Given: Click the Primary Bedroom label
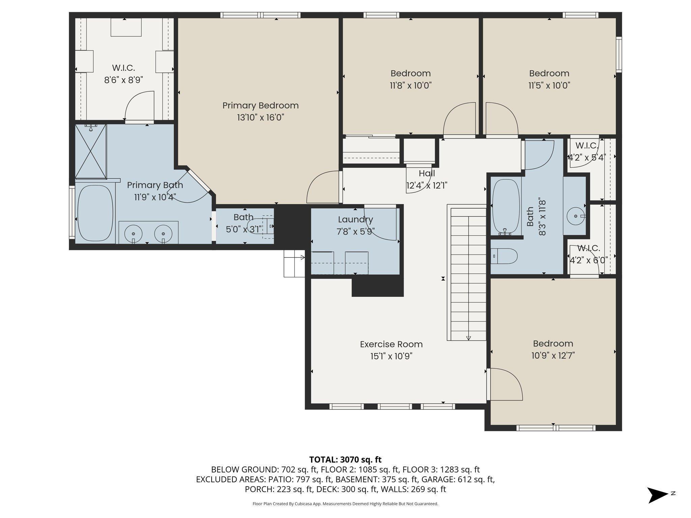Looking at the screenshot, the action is pos(260,106).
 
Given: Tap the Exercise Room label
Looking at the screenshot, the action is pos(391,344).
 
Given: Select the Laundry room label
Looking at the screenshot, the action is pos(355,220).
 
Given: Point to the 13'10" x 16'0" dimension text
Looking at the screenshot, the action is pos(260,117).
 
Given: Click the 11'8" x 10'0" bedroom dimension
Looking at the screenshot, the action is pos(411,85).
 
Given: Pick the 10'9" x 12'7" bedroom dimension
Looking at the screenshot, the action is pos(553,355).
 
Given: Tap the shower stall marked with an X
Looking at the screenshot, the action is pos(90,151).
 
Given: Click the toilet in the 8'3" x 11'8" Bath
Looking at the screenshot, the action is pos(504,256).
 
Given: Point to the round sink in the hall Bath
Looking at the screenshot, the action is pos(576,216).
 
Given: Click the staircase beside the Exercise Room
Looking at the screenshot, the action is pos(467,274).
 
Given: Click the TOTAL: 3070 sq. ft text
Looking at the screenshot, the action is pos(345,459).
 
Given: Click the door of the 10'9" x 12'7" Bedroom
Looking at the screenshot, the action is pos(506,384).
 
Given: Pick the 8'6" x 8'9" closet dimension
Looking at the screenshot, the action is pos(123,80).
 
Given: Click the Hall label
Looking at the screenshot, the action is pos(427,173).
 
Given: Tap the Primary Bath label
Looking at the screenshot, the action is pos(155,185).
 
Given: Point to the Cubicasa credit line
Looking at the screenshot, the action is pos(345,504).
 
